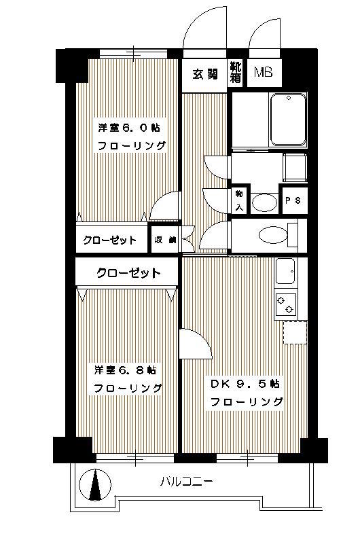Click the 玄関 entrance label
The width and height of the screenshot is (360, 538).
(205, 74)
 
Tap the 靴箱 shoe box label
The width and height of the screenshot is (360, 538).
(236, 72)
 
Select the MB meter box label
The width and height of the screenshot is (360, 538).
(264, 73)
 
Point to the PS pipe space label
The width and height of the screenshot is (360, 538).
(293, 200)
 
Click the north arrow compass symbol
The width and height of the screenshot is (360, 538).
(95, 485)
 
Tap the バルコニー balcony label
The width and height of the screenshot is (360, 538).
(186, 482)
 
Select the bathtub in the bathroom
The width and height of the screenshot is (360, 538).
(288, 120)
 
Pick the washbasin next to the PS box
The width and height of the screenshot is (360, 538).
(264, 203)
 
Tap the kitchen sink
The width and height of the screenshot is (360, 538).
(285, 271)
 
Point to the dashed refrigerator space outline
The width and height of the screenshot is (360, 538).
(295, 332)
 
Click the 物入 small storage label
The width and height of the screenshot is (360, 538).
(239, 200)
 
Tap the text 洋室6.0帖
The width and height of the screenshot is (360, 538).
(128, 128)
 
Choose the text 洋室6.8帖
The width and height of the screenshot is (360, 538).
(125, 370)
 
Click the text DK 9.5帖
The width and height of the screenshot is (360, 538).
(245, 384)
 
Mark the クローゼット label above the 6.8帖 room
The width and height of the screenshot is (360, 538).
(128, 273)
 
